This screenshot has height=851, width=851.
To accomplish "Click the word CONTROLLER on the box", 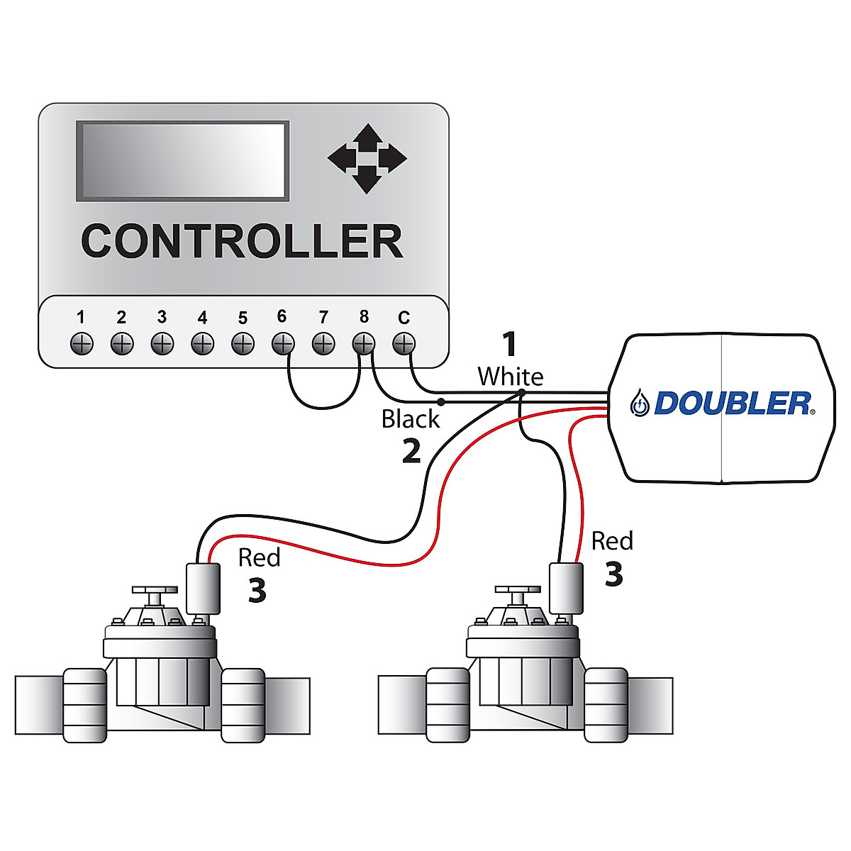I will click(242, 241).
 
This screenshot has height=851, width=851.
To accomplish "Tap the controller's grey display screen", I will click(182, 161).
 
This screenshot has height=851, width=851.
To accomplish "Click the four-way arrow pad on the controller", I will click(367, 158).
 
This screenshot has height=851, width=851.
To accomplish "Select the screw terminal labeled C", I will click(404, 344).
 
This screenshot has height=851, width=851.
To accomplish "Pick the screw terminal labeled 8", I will click(363, 344).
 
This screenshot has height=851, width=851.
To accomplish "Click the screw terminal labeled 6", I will click(282, 344).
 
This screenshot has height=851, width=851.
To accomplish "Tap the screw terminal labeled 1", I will click(82, 344).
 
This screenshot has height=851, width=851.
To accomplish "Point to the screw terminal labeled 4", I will click(202, 344).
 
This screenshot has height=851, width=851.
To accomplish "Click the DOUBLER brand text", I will click(732, 404).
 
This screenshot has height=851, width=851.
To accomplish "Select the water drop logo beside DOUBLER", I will click(640, 404).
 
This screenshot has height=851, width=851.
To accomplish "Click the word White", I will click(510, 376).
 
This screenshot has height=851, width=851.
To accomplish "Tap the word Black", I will click(411, 419).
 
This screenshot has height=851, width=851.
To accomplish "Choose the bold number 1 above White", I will click(509, 345).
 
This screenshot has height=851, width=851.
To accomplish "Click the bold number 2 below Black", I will click(411, 452).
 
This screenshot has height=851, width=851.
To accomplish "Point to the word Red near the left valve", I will click(259, 558).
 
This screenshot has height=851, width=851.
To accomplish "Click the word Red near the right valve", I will click(612, 541).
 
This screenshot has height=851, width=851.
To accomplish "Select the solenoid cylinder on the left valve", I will click(202, 588).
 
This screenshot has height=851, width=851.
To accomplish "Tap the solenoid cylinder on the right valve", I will click(566, 588).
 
